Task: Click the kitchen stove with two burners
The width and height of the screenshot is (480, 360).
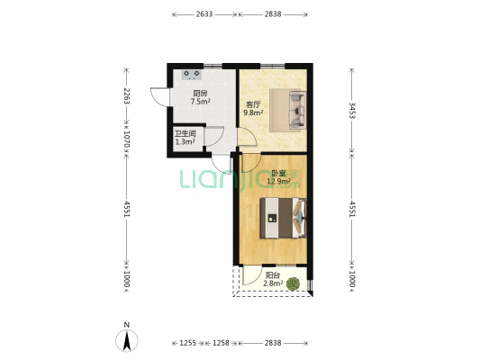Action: tap(192, 75)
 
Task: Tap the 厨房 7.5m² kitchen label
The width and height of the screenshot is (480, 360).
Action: tap(200, 97)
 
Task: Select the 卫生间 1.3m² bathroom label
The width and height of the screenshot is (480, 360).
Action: tap(185, 138)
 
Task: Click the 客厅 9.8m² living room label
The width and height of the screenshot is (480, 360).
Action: tap(253, 109)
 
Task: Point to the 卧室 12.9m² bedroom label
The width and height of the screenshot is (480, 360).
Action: tap(278, 177)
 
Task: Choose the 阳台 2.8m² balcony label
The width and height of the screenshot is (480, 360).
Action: tap(273, 280)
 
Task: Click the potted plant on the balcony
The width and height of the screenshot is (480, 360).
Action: tap(293, 284)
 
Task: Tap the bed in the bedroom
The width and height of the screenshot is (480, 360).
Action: tap(283, 218)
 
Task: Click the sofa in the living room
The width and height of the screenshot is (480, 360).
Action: tap(297, 110)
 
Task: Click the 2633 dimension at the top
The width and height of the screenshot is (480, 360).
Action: tap(204, 14)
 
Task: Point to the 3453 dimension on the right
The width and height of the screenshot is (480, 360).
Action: tap(352, 111)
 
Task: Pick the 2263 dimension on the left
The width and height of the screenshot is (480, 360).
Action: tap(126, 96)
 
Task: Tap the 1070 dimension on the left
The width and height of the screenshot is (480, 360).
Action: tap(126, 139)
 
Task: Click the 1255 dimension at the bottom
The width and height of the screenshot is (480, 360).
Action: tap(187, 343)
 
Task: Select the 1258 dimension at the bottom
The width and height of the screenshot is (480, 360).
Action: tap(221, 343)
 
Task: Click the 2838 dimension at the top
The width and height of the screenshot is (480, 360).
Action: tap(273, 14)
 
